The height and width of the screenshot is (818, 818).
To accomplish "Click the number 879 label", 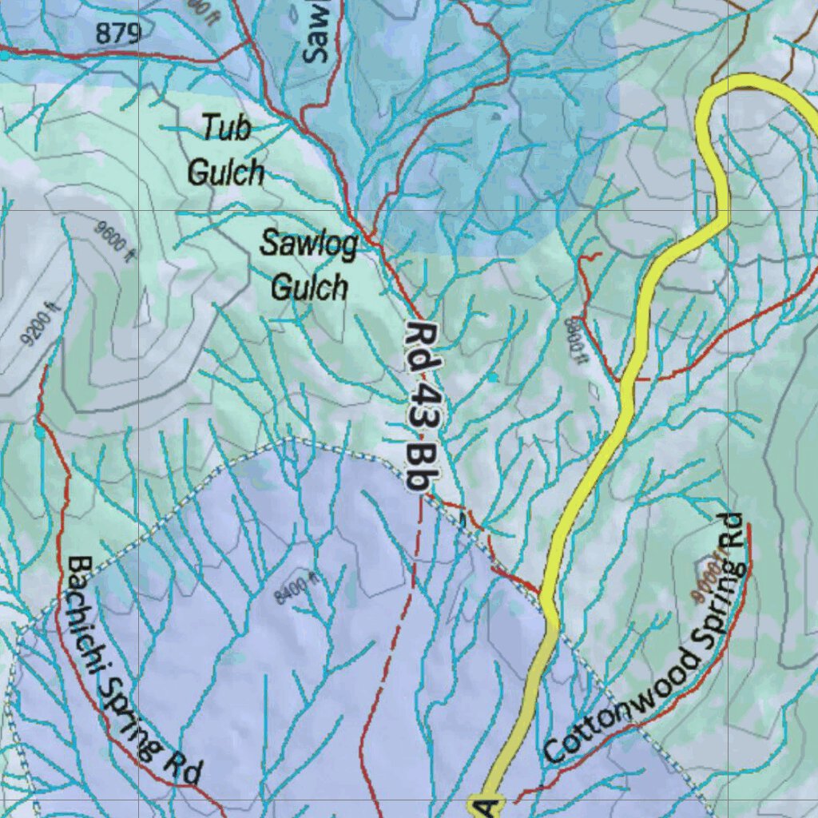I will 119,34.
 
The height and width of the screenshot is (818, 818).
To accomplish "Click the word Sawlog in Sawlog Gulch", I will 308,245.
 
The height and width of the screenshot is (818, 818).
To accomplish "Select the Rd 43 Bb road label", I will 422,407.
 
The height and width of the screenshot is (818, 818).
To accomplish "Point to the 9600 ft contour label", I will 113,240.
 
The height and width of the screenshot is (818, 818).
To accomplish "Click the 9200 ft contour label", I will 41,327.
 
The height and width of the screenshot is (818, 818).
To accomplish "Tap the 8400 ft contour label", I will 296,590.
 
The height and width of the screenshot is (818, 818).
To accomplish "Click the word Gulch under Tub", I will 225,173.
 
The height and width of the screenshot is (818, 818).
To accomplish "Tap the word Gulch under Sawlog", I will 309,286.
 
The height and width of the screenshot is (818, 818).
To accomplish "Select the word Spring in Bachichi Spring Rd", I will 133,724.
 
